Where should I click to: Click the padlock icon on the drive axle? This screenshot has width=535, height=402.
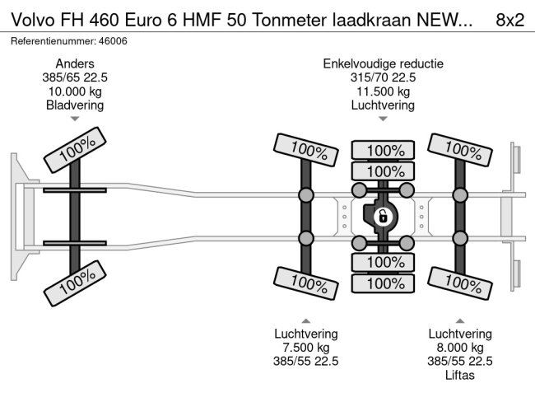(x=382, y=217)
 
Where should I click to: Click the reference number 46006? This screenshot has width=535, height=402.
(x=111, y=40)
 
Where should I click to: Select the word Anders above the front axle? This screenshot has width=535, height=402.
(x=75, y=63)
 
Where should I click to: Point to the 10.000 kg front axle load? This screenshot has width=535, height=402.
(x=75, y=91)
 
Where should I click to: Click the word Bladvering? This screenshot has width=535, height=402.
(x=75, y=105)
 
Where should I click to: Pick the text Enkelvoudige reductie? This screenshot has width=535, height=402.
(x=383, y=63)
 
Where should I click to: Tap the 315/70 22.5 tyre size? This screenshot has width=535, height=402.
(x=383, y=77)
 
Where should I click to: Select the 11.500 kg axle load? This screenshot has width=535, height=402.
(x=383, y=91)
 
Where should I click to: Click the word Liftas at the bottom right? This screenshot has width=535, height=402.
(x=460, y=375)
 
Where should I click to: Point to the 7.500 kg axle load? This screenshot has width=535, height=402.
(x=305, y=347)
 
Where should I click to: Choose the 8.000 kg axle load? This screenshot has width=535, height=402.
(x=460, y=347)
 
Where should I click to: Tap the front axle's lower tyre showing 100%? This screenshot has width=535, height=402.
(x=75, y=284)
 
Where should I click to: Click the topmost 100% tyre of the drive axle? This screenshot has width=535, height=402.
(x=383, y=150)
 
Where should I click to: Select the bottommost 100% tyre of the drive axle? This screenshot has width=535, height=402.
(x=383, y=283)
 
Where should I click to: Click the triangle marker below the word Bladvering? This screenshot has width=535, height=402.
(x=75, y=119)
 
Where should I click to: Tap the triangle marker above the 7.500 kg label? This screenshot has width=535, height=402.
(x=305, y=320)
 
